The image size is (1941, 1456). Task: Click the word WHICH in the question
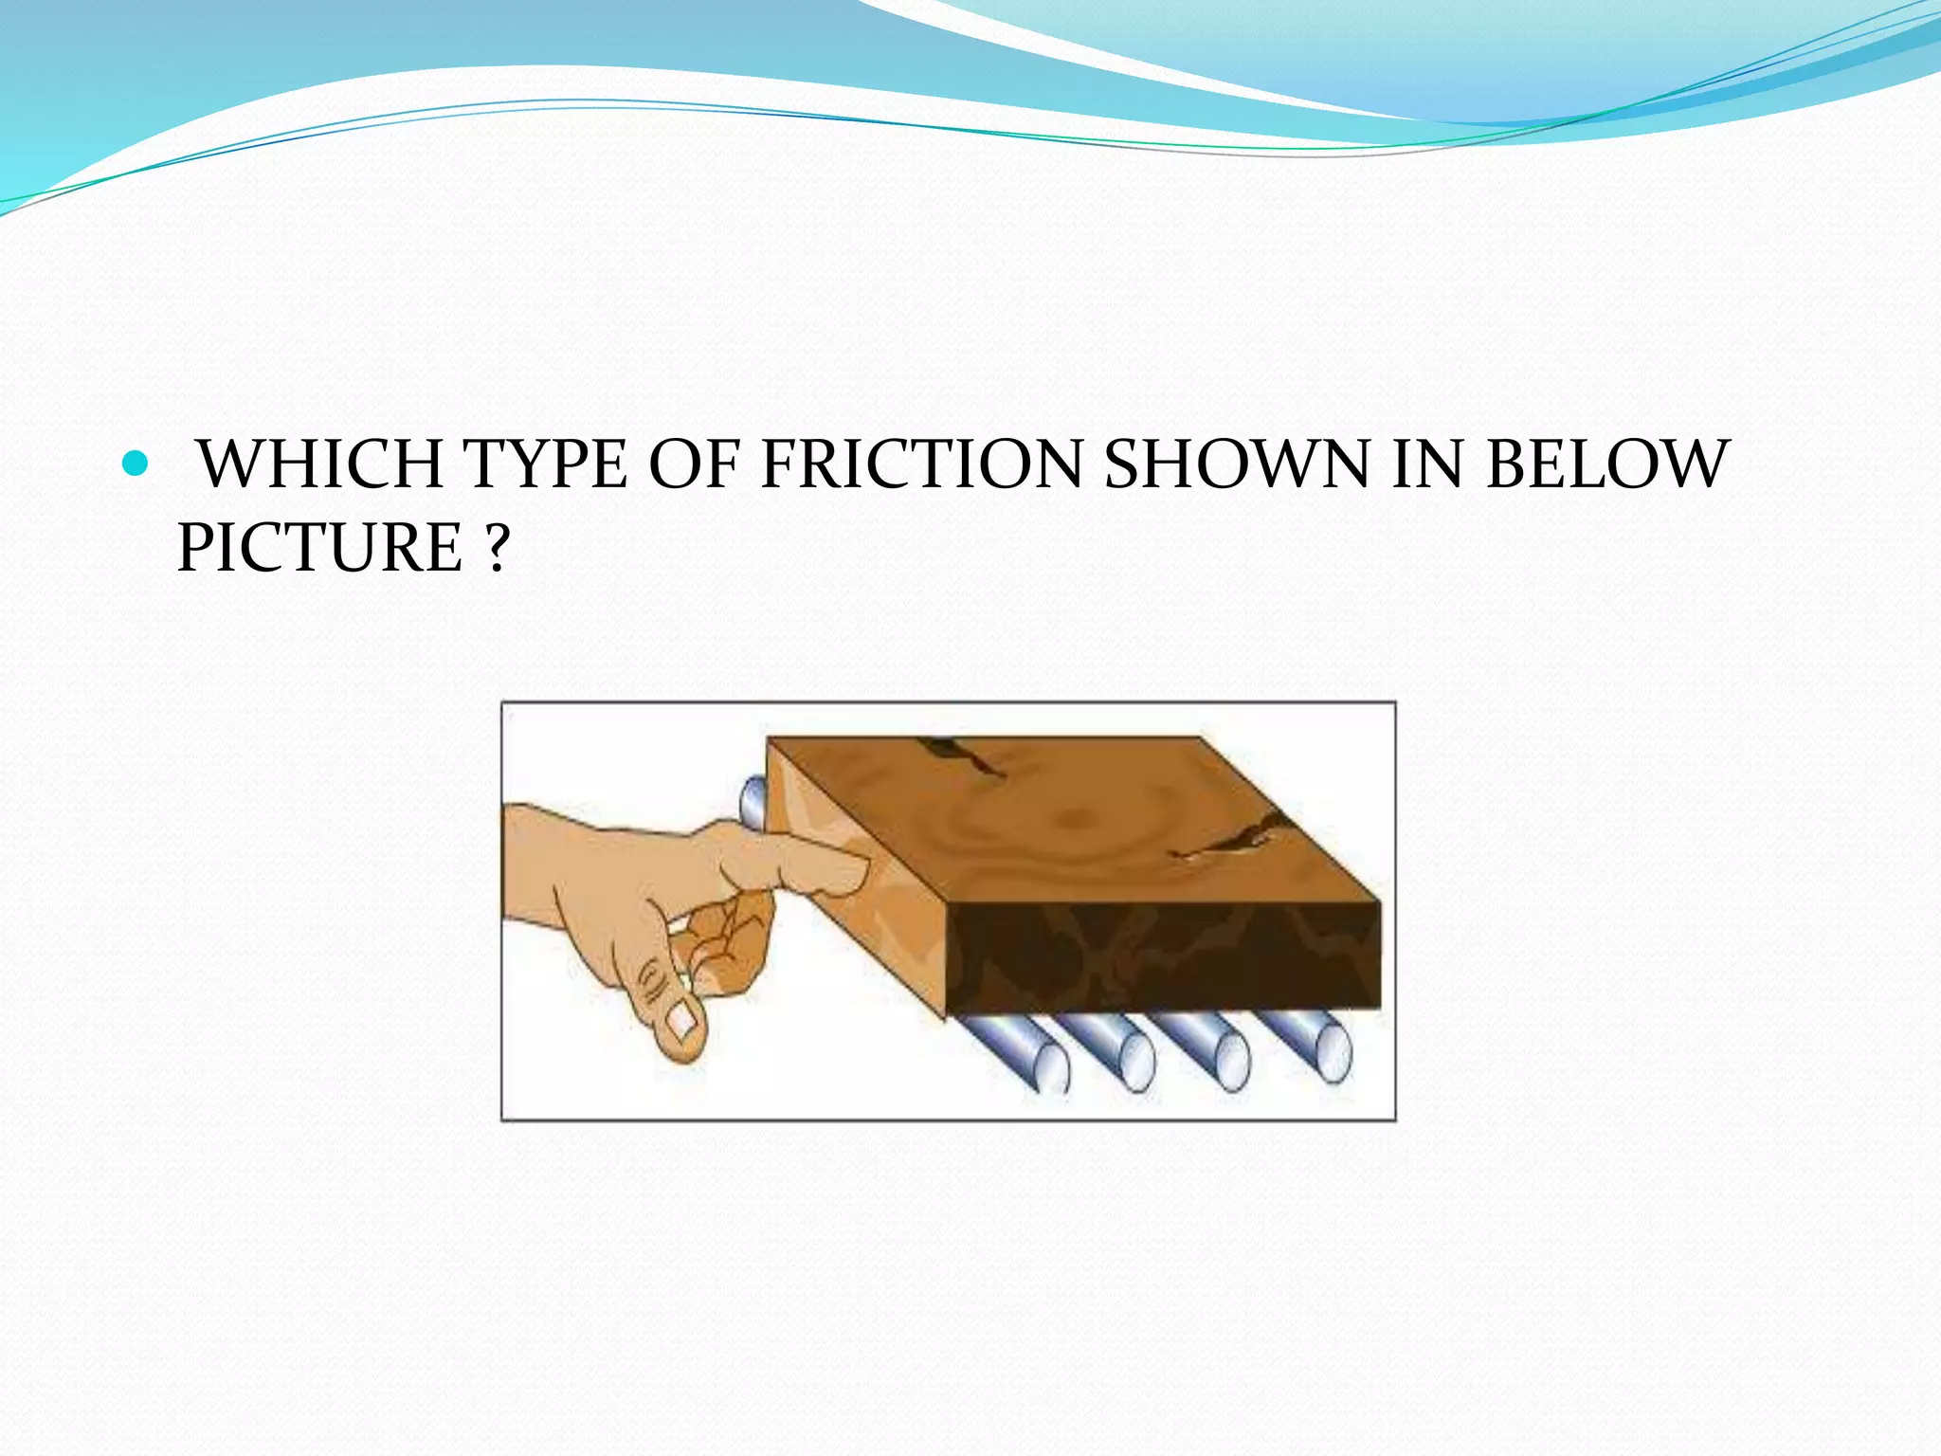click(x=322, y=464)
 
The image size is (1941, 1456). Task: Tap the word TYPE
click(x=546, y=464)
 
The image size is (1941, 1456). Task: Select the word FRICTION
click(x=921, y=464)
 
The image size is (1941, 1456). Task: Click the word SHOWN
click(x=1236, y=464)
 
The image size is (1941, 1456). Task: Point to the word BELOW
click(x=1607, y=464)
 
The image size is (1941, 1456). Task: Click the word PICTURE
click(x=319, y=548)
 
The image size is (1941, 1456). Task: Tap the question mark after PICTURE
click(x=497, y=548)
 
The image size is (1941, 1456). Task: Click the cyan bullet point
click(x=136, y=464)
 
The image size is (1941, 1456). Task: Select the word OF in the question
click(x=693, y=464)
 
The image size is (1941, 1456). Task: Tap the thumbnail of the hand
click(x=681, y=1022)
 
